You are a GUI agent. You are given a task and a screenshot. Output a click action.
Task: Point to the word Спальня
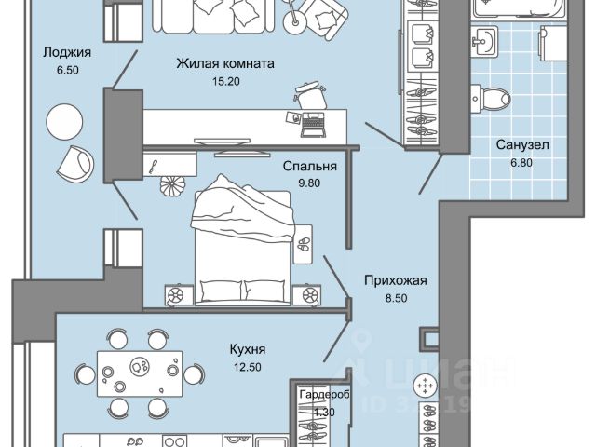[x=309, y=167]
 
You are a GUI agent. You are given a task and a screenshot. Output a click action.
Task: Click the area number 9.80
[x=309, y=183]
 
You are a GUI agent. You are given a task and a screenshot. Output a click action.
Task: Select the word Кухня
[x=248, y=350]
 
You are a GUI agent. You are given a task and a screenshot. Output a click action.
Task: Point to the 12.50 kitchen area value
[x=248, y=367]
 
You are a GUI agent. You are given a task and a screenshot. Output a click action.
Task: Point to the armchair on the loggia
[x=74, y=162]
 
